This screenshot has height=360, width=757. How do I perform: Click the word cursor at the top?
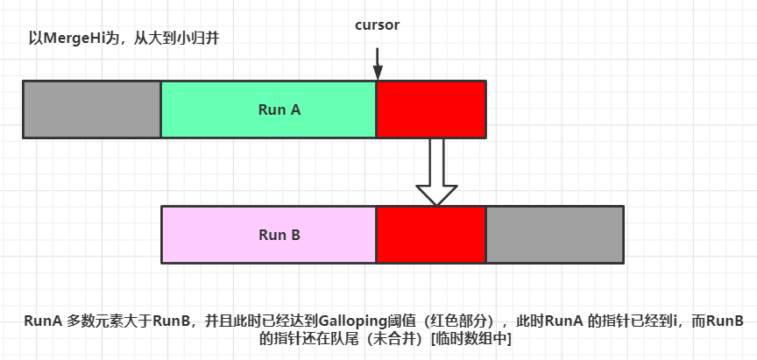[x=377, y=25]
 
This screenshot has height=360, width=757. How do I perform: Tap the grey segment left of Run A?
[x=92, y=109]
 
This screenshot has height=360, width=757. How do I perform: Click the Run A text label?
[x=279, y=109]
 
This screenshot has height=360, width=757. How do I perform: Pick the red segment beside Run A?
[x=431, y=109]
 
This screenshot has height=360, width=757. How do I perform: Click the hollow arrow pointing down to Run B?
[x=436, y=171]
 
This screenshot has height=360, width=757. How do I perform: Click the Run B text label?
[x=279, y=235]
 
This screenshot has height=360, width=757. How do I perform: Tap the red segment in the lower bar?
[x=431, y=235]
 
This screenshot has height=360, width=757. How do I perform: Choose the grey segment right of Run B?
[x=555, y=235]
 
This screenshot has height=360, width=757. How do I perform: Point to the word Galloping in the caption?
[x=350, y=321]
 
